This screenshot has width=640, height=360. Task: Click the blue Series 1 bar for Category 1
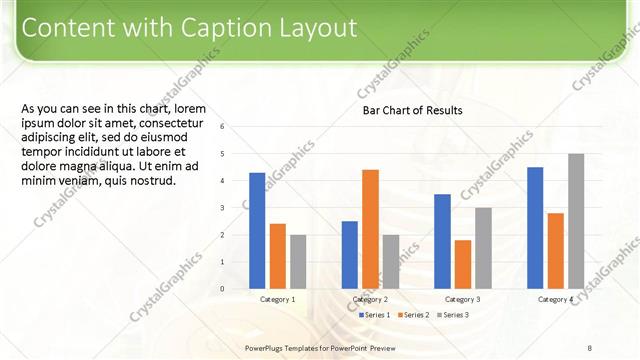pos(257,231)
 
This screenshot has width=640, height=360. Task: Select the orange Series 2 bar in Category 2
pos(370,229)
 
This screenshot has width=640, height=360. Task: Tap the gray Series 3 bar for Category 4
pos(576,221)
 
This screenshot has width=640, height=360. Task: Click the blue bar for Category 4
pos(535,228)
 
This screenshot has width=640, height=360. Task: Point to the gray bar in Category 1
pos(298,262)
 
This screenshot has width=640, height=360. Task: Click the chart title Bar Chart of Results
pos(413,109)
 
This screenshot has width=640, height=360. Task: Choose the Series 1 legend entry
pos(374,315)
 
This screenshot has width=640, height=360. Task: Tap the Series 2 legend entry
pos(414,315)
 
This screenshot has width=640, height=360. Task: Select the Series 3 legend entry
pos(454,315)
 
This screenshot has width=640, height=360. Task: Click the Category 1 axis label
pos(278,300)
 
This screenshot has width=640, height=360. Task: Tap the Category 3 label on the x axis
pos(463,300)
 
